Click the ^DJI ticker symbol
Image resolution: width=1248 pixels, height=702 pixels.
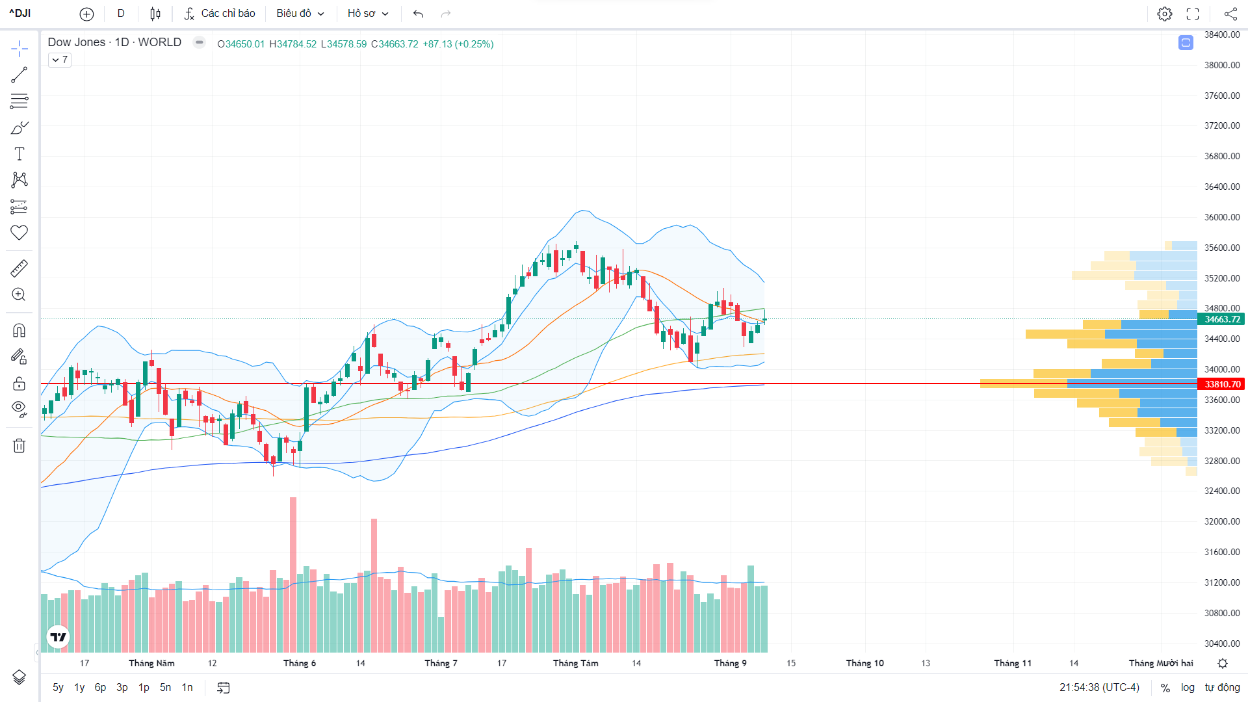tap(20, 14)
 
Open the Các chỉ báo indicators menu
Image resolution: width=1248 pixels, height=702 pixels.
tap(220, 14)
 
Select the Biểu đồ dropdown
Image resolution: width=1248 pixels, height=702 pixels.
tap(300, 14)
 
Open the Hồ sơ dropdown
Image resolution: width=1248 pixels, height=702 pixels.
tap(367, 14)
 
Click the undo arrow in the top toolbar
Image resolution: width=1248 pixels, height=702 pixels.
tap(418, 14)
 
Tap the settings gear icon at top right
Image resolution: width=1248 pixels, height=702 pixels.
tap(1164, 14)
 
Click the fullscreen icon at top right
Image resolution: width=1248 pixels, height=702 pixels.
tap(1193, 14)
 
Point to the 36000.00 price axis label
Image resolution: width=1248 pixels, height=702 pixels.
tap(1222, 217)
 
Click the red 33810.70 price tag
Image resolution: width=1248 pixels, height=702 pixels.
tap(1222, 384)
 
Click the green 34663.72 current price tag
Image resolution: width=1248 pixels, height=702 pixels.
tap(1222, 319)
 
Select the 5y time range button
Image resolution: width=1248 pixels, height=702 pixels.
tap(58, 687)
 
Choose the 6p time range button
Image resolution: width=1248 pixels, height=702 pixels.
tap(100, 687)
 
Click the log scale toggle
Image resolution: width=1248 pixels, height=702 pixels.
tap(1188, 687)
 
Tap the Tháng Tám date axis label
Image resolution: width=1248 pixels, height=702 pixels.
tap(575, 663)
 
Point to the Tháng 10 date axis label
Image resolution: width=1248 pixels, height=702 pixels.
tap(864, 663)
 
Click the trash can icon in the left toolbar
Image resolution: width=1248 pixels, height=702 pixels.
tap(19, 446)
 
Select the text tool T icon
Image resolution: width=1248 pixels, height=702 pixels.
tap(19, 154)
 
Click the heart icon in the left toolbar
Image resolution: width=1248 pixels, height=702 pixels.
tap(19, 233)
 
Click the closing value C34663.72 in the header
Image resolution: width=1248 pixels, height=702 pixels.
tap(395, 44)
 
